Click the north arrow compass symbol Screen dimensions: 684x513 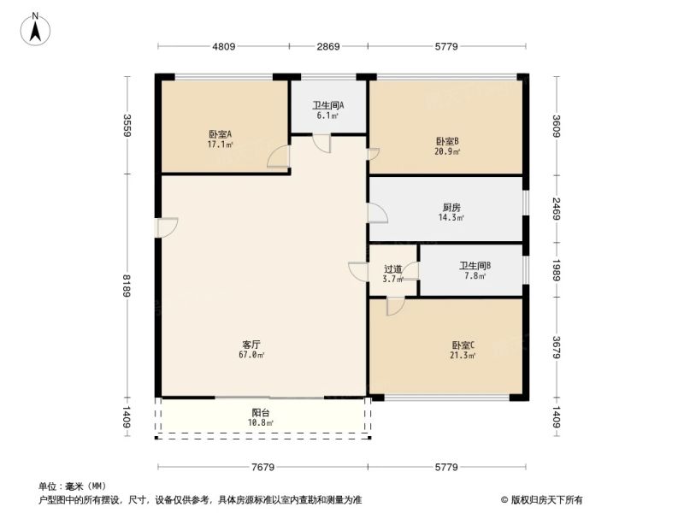35,30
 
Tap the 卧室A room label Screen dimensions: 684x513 220,134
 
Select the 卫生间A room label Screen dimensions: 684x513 328,105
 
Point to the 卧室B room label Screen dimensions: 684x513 447,141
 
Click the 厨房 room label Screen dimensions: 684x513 451,207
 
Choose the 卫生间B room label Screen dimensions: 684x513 475,265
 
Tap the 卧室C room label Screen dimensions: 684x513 463,345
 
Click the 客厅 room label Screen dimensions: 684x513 251,345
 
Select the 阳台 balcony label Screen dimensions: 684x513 261,412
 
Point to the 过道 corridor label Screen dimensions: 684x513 392,269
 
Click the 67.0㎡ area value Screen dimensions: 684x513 251,355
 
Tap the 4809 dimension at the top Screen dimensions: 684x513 224,46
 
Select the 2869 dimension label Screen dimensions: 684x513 328,46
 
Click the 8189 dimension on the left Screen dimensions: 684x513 127,286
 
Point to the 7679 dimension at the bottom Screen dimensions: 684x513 263,467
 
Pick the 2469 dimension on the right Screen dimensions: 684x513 557,209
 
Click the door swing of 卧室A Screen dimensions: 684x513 278,156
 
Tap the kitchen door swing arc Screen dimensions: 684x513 378,213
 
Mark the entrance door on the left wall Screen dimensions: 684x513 167,227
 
